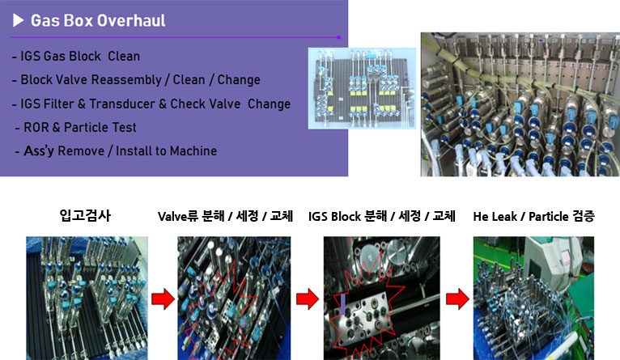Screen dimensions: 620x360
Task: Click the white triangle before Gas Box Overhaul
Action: pos(18,20)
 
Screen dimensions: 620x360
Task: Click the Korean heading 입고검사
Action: pos(85,215)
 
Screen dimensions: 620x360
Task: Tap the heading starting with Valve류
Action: pos(225,216)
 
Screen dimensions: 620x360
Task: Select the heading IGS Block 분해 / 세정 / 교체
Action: pos(382,216)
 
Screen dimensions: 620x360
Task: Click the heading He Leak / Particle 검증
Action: pos(534,216)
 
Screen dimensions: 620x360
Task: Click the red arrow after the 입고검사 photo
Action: pos(163,299)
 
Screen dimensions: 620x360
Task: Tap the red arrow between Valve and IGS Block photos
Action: pos(308,299)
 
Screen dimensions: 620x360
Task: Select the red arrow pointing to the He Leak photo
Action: pos(458,299)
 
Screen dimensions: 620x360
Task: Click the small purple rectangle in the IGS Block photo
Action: pos(343,304)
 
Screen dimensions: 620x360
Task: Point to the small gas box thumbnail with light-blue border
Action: pos(362,88)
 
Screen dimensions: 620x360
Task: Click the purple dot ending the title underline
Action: pos(339,37)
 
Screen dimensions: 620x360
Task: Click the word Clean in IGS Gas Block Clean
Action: pos(124,56)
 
